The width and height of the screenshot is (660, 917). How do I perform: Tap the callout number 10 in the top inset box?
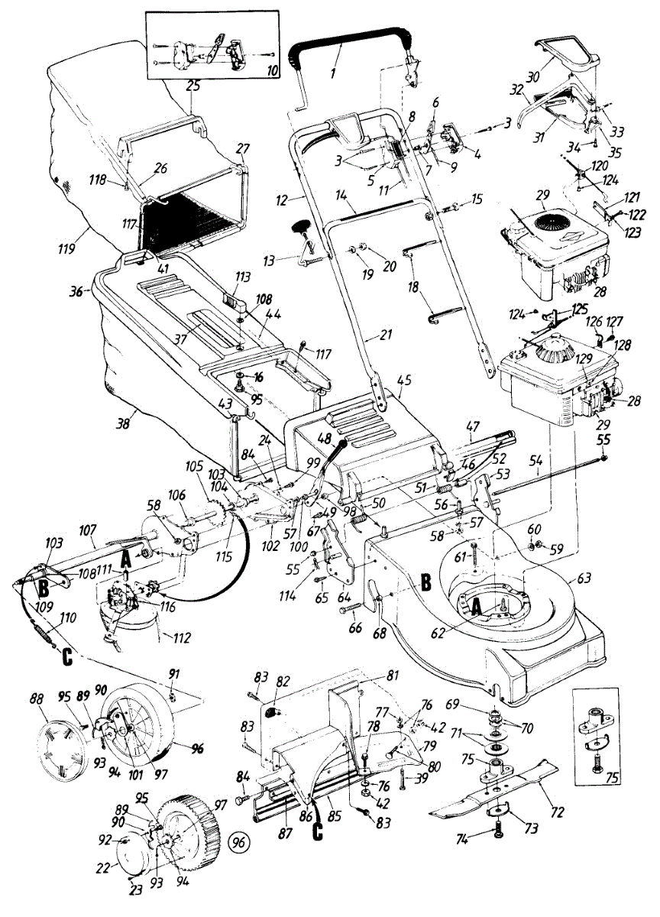[273, 70]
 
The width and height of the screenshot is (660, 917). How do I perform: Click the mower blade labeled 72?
[489, 787]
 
